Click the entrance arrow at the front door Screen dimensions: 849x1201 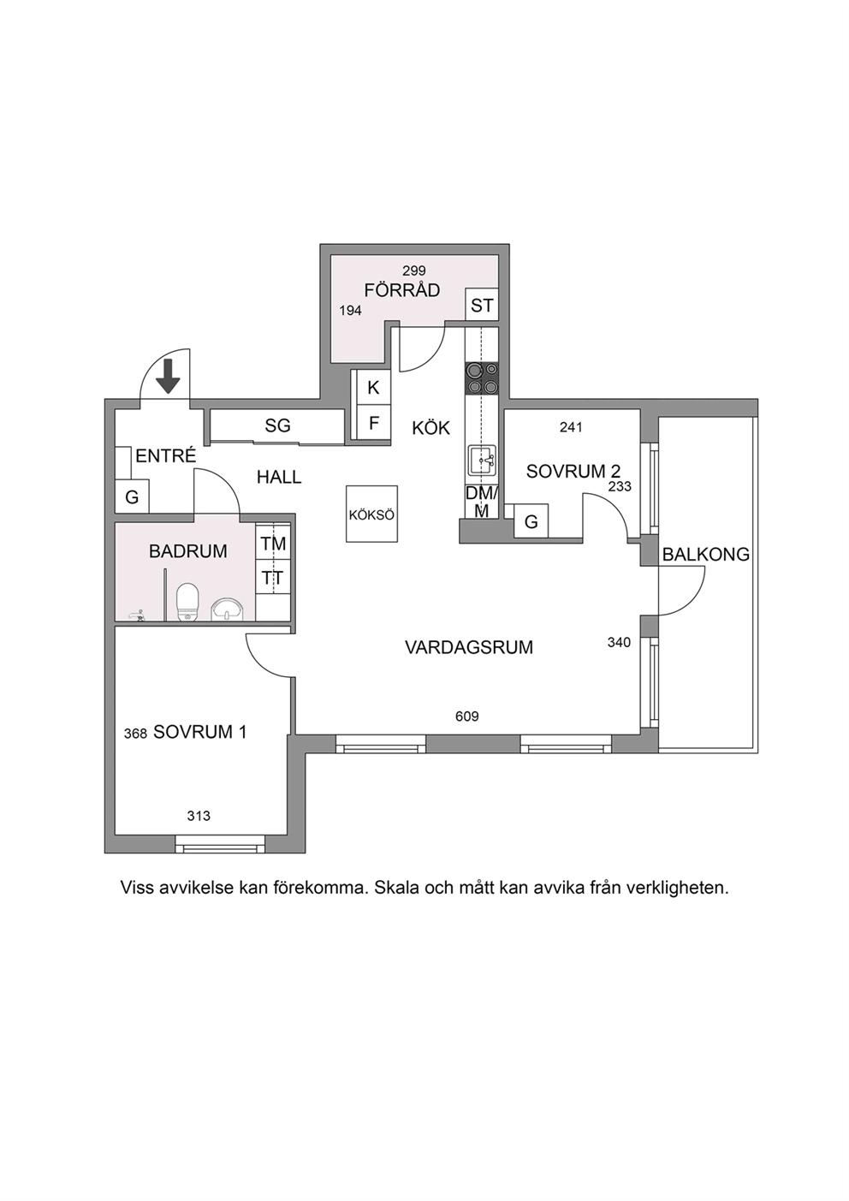tap(169, 377)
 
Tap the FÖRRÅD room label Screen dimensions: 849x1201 tap(402, 290)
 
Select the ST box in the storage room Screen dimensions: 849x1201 tap(481, 306)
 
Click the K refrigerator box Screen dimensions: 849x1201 tap(373, 388)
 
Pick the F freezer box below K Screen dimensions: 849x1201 tap(373, 423)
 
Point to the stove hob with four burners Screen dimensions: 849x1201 tap(482, 378)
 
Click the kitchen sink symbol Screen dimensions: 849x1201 tap(482, 460)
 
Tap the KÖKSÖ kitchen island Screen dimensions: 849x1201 tap(371, 514)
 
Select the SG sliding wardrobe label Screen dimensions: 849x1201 tap(277, 425)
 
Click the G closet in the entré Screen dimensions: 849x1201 tap(132, 497)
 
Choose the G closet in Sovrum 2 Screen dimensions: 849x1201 tap(531, 521)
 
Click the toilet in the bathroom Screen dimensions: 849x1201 tap(187, 602)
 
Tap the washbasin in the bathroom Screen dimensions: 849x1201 tap(228, 610)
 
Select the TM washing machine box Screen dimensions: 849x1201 tap(273, 544)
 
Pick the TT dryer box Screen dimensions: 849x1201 tap(273, 578)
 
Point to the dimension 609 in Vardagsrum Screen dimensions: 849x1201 tap(466, 716)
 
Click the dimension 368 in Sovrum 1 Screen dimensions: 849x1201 tap(135, 733)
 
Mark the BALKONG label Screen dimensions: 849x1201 tap(706, 555)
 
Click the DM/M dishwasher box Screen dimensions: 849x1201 tap(482, 502)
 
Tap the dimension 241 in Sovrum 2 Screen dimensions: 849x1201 tap(571, 427)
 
